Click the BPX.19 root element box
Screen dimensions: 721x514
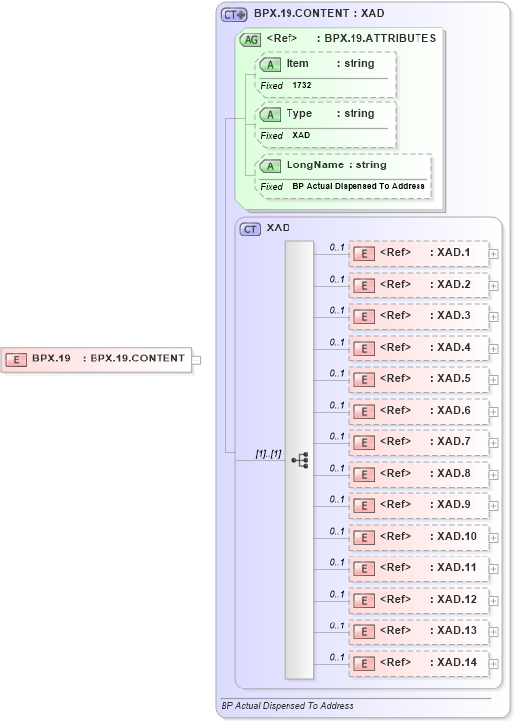click(x=96, y=359)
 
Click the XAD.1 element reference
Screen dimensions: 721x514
click(x=419, y=253)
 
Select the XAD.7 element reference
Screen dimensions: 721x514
click(x=419, y=442)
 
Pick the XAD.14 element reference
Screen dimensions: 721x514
click(x=419, y=663)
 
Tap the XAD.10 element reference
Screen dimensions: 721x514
click(x=419, y=537)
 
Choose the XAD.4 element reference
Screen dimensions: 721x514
click(x=419, y=348)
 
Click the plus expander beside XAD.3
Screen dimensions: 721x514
click(x=494, y=317)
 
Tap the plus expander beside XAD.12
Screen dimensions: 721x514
click(x=494, y=601)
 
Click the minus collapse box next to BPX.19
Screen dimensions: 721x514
click(x=196, y=360)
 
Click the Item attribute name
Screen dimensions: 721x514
click(x=297, y=64)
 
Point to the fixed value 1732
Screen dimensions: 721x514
click(x=303, y=86)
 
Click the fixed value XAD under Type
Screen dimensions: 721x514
click(x=301, y=136)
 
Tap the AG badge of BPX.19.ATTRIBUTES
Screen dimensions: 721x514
click(x=250, y=39)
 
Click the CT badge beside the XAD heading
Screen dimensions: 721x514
click(x=251, y=229)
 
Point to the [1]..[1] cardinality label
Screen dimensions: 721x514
click(x=268, y=454)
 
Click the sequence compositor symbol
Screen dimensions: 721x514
click(x=299, y=459)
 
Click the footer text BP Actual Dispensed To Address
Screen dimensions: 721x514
click(x=288, y=706)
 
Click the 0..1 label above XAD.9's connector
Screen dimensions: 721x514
click(x=336, y=499)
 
